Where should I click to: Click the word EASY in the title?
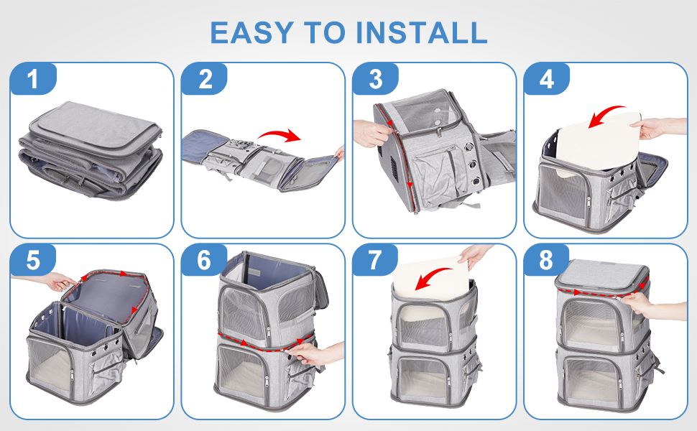click(251, 32)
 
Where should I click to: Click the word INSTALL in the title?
click(421, 32)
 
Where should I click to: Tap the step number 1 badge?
click(33, 79)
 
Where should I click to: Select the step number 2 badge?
click(205, 79)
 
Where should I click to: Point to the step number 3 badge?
click(376, 79)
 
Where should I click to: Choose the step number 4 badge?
click(547, 79)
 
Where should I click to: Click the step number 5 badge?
click(33, 260)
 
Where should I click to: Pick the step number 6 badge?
click(205, 260)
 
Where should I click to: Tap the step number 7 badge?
click(376, 260)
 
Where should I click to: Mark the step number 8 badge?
click(547, 260)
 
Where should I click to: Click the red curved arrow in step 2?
click(279, 134)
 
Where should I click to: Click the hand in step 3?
click(371, 132)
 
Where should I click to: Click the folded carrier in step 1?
click(91, 150)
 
